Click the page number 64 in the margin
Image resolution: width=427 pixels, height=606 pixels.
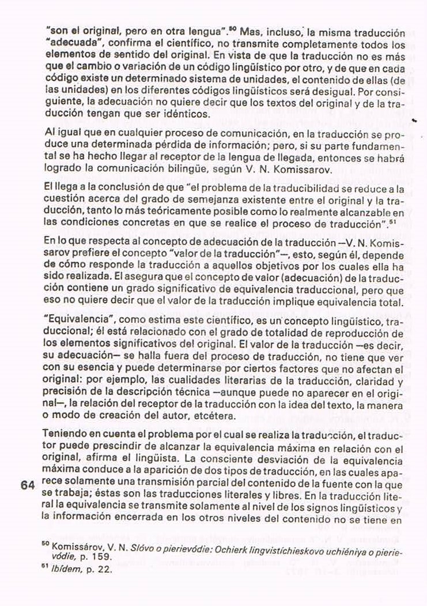(x=28, y=485)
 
